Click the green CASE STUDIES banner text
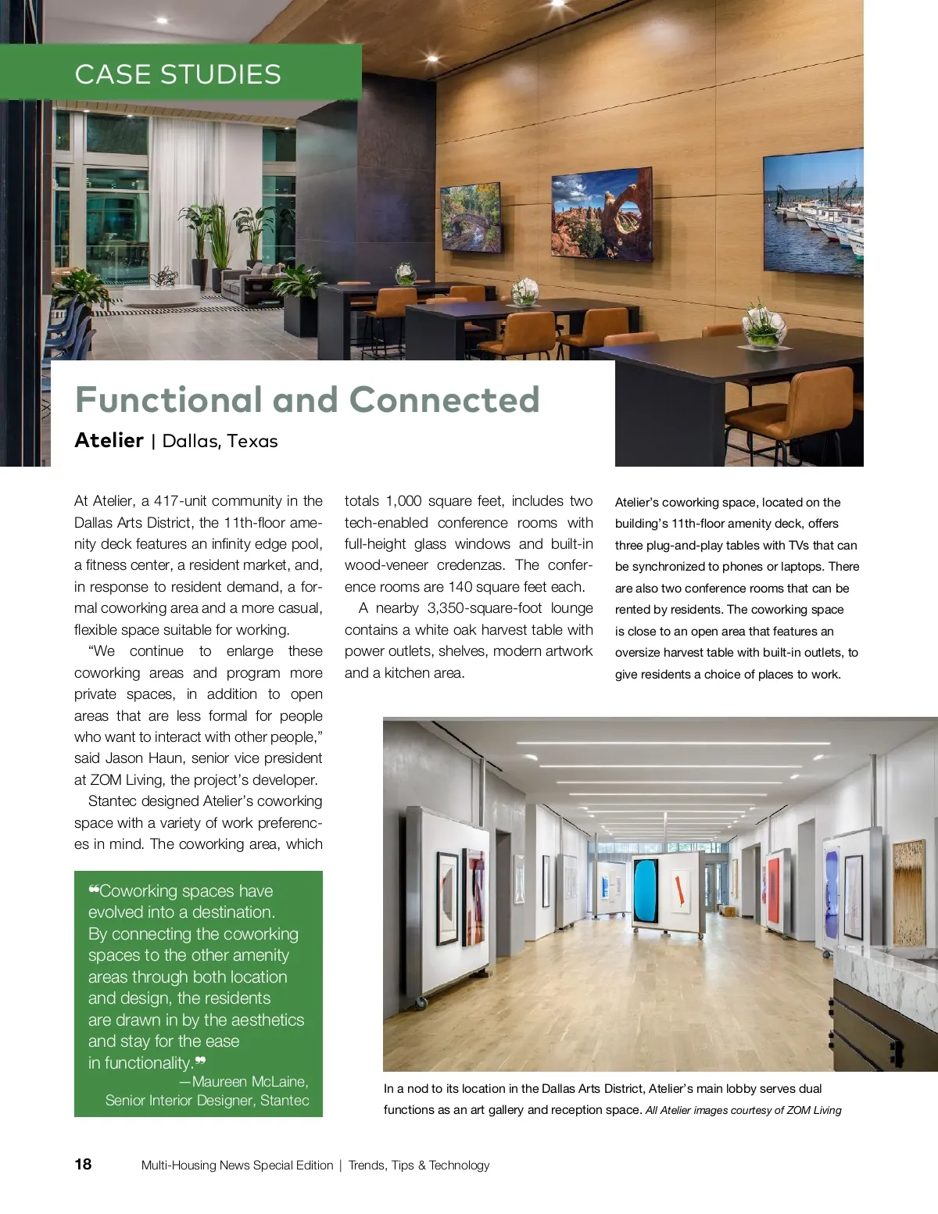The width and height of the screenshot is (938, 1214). pyautogui.click(x=177, y=74)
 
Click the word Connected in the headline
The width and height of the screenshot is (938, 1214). pyautogui.click(x=444, y=399)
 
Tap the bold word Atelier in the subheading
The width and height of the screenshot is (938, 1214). pyautogui.click(x=109, y=440)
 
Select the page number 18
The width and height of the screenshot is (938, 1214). pyautogui.click(x=83, y=1164)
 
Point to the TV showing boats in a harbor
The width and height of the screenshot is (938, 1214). pyautogui.click(x=814, y=213)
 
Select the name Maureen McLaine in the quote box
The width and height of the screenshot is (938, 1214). pyautogui.click(x=250, y=1081)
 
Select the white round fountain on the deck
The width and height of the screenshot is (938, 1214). pyautogui.click(x=162, y=295)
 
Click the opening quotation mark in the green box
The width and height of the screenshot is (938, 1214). pyautogui.click(x=93, y=889)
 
